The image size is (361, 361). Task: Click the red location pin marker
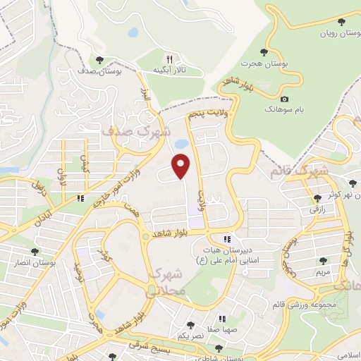click(x=182, y=166)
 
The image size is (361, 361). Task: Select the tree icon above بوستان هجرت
click(x=264, y=51)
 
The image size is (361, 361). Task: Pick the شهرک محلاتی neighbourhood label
click(x=167, y=281)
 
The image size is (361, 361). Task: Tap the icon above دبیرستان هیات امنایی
click(x=226, y=239)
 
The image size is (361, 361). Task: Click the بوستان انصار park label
click(x=32, y=262)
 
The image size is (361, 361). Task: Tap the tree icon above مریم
click(x=324, y=260)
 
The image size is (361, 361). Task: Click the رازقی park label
click(x=315, y=209)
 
